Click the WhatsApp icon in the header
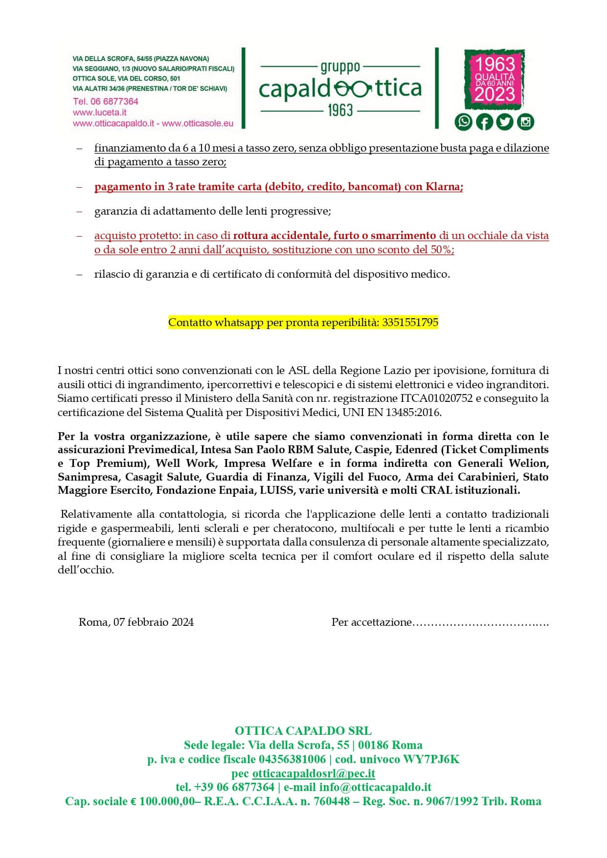(x=463, y=121)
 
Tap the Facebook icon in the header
(x=484, y=121)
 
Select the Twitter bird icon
(x=505, y=121)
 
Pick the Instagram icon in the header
(x=525, y=121)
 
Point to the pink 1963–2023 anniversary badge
(x=495, y=79)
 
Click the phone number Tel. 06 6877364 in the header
(x=106, y=101)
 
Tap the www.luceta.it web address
(x=99, y=112)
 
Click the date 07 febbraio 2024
(x=153, y=622)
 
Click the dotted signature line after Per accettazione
(x=480, y=623)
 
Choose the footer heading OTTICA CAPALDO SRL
(x=303, y=730)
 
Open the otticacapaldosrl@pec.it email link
(x=314, y=773)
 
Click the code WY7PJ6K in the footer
(x=431, y=759)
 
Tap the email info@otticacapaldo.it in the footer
(x=375, y=787)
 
